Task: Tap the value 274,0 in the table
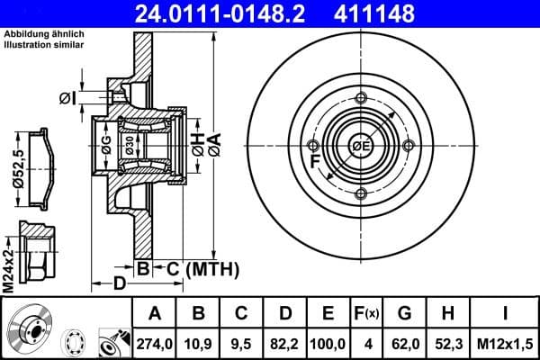tap(154, 342)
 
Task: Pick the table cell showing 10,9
tap(198, 342)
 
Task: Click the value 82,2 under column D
tap(285, 342)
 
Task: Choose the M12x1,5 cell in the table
tap(505, 342)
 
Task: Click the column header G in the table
tap(403, 314)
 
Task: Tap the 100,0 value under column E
tap(328, 342)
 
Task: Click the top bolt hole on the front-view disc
tap(361, 98)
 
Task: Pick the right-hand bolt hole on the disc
tap(409, 146)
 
